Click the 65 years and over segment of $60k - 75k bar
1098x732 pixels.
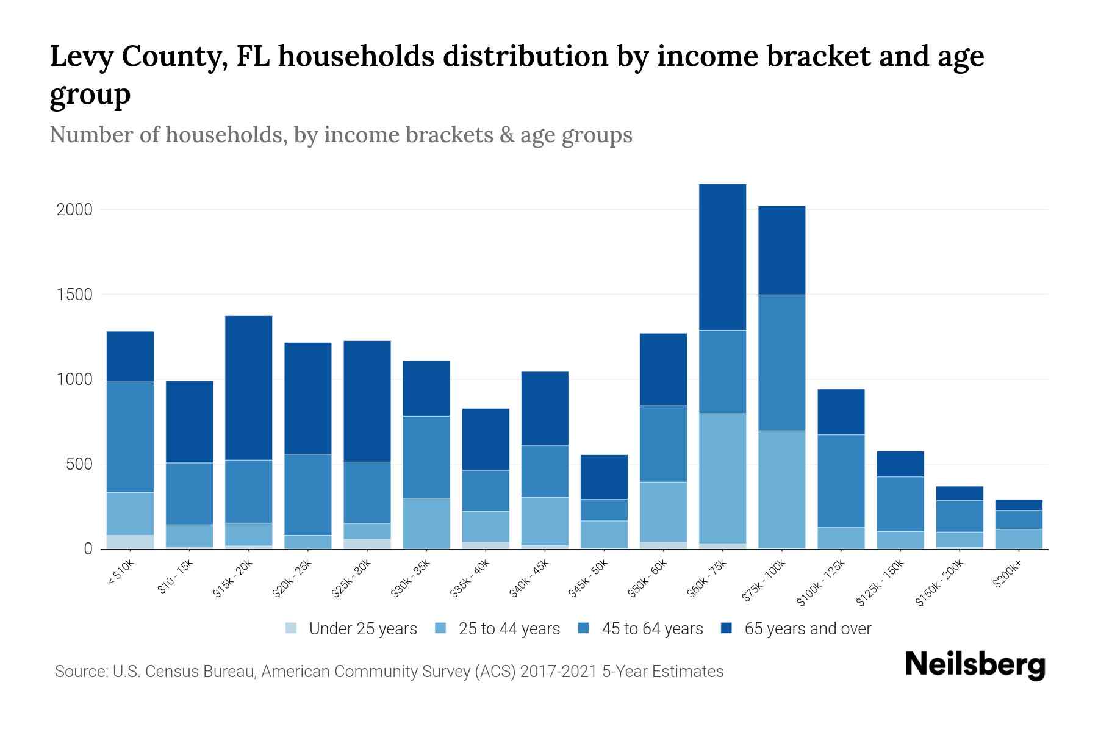[723, 257]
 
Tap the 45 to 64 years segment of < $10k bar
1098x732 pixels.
[130, 437]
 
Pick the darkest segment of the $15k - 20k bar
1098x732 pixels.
[249, 387]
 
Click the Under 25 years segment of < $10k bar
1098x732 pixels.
[130, 542]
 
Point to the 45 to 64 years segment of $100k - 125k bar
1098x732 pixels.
[841, 481]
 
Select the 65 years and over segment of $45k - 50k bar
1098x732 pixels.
[604, 477]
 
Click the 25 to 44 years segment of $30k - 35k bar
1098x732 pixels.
[426, 523]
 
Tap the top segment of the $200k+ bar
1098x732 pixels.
[1019, 505]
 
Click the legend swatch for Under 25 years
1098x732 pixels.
[292, 628]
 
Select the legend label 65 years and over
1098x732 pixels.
[808, 629]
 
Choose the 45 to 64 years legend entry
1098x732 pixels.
[652, 629]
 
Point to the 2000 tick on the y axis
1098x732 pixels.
[74, 210]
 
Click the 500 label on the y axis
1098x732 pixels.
[79, 465]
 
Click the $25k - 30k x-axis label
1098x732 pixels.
[353, 578]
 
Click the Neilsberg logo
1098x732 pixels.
[975, 666]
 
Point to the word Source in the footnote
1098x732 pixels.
[79, 672]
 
